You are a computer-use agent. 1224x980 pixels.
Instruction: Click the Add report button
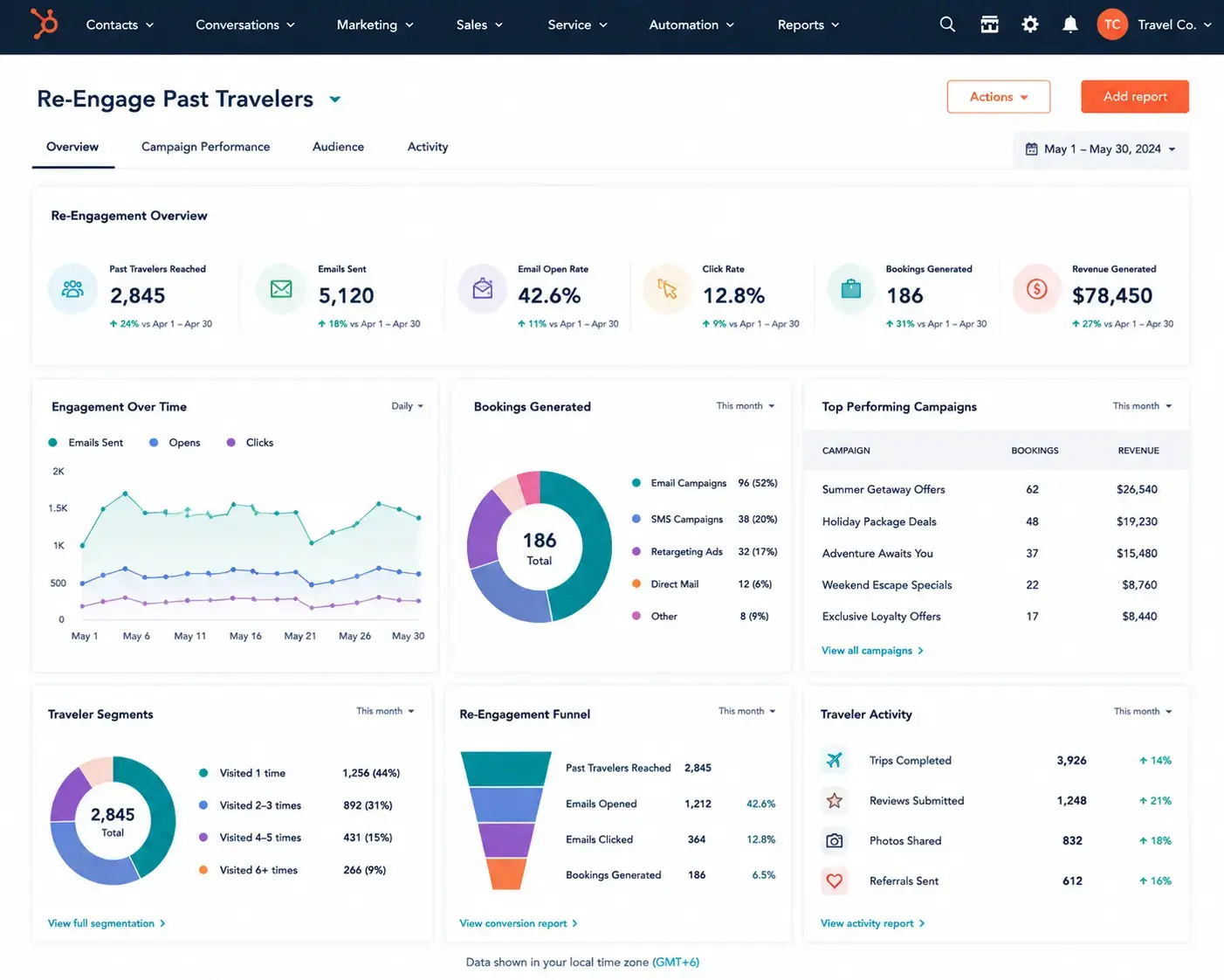click(1135, 97)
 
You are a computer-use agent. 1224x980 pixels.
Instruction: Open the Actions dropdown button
click(998, 97)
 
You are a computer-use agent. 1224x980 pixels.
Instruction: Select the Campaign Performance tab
click(205, 147)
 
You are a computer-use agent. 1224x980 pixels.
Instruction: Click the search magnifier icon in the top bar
click(947, 24)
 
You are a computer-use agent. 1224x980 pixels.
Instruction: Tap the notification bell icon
click(1069, 24)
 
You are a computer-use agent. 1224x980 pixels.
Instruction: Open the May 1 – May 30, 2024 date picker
click(1101, 149)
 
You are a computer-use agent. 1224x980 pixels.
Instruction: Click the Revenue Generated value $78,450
click(1112, 295)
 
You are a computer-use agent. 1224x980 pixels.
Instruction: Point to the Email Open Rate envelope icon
click(482, 288)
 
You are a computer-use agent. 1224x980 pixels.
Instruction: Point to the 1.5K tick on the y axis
click(58, 507)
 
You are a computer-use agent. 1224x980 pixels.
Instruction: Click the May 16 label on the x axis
click(245, 636)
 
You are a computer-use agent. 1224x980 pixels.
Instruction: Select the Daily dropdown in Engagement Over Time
click(407, 406)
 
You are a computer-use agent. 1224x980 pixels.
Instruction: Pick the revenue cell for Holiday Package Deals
click(1137, 521)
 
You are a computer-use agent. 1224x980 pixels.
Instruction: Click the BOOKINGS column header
click(1035, 450)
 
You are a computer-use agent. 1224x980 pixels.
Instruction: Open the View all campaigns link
click(872, 651)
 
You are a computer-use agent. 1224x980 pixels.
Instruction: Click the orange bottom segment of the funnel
click(505, 874)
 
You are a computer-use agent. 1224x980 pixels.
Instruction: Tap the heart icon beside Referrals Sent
click(834, 881)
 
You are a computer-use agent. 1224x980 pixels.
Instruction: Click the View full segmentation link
click(107, 923)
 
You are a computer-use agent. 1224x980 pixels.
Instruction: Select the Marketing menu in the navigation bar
click(375, 24)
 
